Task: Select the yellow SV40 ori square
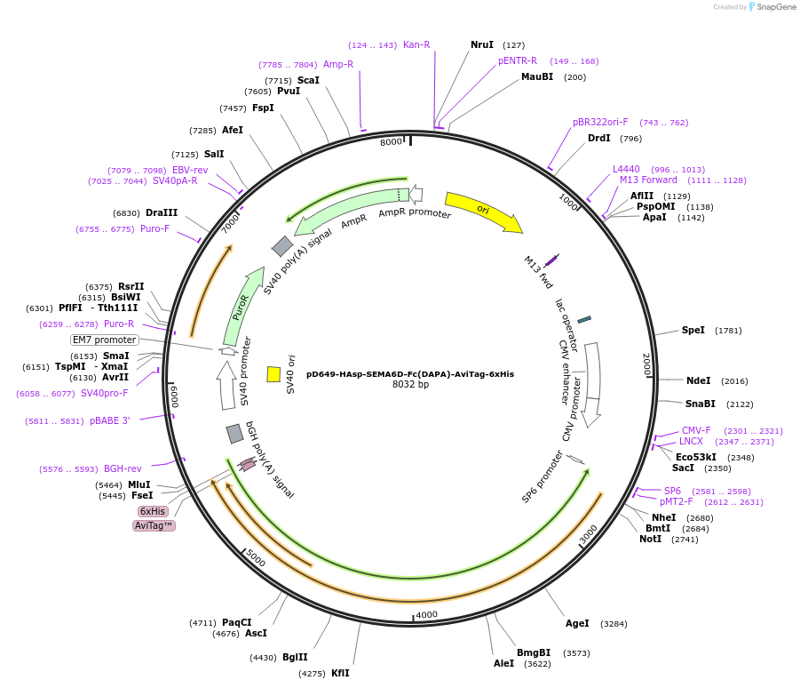273,374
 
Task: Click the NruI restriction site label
482,44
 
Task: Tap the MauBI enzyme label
537,76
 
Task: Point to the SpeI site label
693,330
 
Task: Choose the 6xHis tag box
153,511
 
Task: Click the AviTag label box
154,525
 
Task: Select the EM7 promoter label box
105,340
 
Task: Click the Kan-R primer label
416,44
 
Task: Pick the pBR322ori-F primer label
600,122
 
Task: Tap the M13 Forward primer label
648,180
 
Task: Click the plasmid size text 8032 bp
410,385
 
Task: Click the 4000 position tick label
427,614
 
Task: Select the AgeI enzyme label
577,623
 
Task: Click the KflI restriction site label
340,673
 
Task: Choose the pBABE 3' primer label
110,420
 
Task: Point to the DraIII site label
162,212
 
